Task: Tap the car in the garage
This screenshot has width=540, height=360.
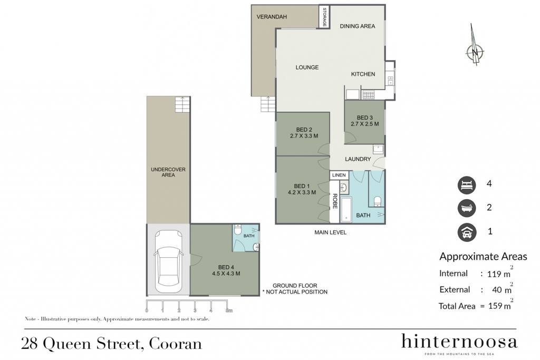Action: tap(168, 261)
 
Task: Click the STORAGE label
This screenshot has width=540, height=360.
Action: tap(324, 17)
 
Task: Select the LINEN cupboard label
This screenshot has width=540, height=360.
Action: tap(339, 175)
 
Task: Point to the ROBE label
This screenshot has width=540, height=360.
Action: tap(335, 201)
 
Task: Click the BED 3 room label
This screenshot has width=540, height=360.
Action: tap(365, 118)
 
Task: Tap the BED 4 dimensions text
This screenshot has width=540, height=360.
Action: tap(226, 274)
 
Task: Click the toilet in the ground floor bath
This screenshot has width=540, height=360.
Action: tap(238, 229)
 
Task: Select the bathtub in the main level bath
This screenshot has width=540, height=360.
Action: tap(346, 210)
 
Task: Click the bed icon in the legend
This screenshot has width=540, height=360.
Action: tap(467, 185)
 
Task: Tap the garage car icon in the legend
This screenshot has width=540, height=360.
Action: tap(467, 232)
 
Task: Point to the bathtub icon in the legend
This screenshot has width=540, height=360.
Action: tap(467, 208)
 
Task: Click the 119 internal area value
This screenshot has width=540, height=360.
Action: tap(494, 274)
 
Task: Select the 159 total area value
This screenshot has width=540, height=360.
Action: tap(495, 306)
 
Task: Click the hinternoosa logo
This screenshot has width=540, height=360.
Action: tap(459, 342)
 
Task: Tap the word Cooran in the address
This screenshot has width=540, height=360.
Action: tap(175, 344)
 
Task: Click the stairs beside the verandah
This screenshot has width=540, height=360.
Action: tap(268, 104)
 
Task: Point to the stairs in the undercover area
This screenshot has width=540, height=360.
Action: tap(182, 105)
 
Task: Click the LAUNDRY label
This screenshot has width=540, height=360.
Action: tap(358, 159)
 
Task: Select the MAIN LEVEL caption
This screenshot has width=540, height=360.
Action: tap(330, 232)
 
